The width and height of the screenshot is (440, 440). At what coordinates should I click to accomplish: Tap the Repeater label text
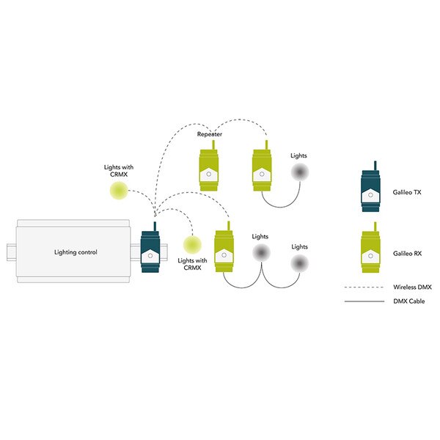pyautogui.click(x=210, y=135)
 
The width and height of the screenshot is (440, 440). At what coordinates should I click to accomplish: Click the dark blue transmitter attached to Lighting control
pyautogui.click(x=152, y=252)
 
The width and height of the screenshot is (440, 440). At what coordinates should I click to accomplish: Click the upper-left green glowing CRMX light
pyautogui.click(x=117, y=191)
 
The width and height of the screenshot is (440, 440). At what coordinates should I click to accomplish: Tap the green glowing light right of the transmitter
pyautogui.click(x=193, y=243)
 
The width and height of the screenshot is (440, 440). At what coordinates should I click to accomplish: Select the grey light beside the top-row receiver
pyautogui.click(x=299, y=172)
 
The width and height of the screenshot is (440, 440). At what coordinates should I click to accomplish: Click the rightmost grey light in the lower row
pyautogui.click(x=299, y=263)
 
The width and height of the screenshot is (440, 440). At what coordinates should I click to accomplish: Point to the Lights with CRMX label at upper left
pyautogui.click(x=117, y=172)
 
